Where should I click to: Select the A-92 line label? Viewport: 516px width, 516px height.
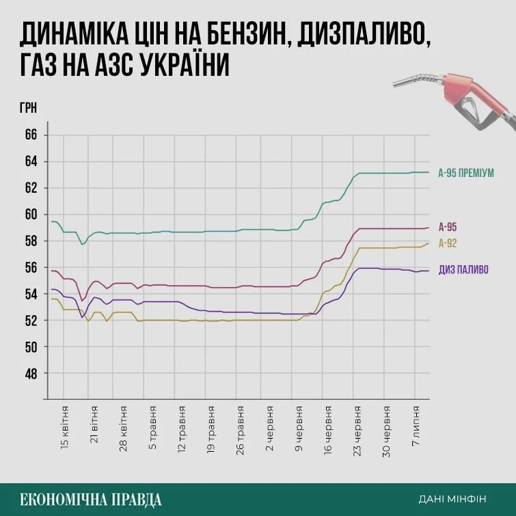click(x=448, y=244)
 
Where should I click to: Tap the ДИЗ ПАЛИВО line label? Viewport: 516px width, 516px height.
click(x=463, y=270)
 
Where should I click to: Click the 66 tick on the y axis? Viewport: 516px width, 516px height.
click(x=30, y=135)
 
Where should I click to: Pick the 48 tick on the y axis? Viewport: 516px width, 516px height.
click(x=30, y=374)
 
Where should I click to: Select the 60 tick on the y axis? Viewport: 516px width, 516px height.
click(x=30, y=215)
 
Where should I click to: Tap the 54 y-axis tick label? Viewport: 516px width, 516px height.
click(x=30, y=295)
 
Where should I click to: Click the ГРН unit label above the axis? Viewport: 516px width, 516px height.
click(x=29, y=108)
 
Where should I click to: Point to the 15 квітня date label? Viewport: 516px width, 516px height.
click(x=66, y=429)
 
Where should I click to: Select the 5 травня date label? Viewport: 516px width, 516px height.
click(x=154, y=429)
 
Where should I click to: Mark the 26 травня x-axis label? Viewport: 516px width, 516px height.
click(x=241, y=429)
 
